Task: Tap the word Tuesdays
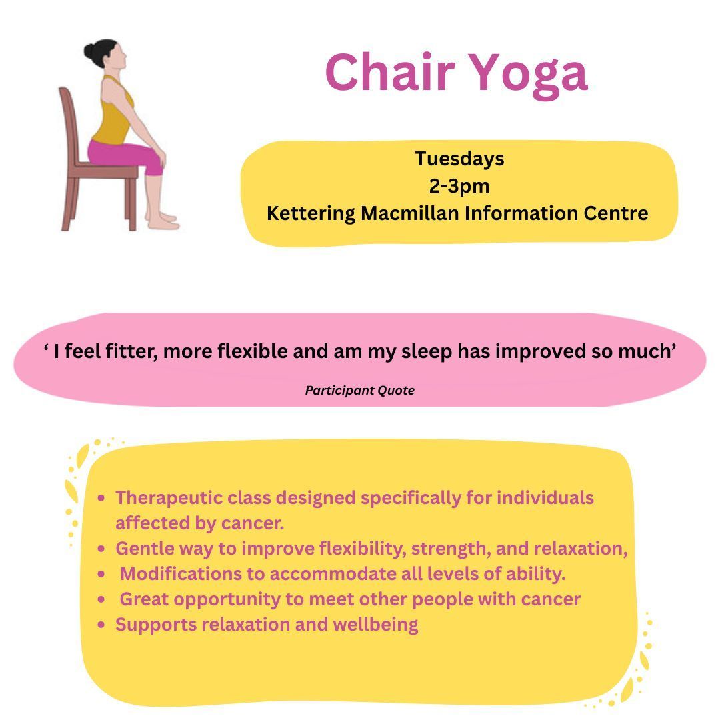(459, 159)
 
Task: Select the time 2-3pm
(459, 186)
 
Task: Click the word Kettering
(311, 213)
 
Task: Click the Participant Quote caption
(359, 391)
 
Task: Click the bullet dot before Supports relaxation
(101, 625)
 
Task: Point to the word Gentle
(140, 549)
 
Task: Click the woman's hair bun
(90, 51)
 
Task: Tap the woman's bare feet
(162, 221)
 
